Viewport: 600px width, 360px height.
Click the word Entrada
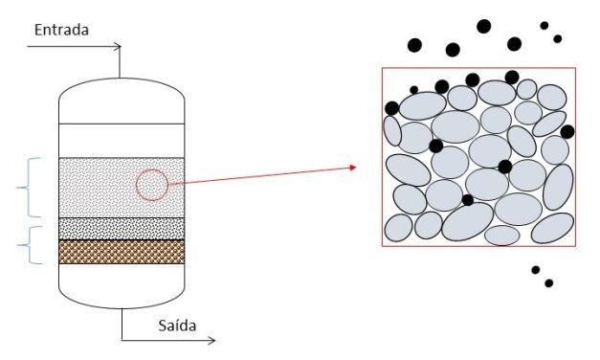(61, 31)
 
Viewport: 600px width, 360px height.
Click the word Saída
(177, 326)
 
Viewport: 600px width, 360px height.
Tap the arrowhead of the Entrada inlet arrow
(119, 45)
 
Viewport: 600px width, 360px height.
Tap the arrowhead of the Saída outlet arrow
(212, 340)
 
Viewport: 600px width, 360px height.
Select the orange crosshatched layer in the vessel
(121, 252)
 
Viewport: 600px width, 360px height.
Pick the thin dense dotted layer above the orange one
(121, 228)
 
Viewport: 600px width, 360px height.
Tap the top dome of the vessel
(121, 96)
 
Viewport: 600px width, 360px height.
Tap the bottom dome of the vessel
(121, 292)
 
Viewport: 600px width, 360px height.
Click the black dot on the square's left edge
(391, 108)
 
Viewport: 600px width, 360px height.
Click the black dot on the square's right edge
(567, 131)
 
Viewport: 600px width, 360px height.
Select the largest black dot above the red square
(483, 27)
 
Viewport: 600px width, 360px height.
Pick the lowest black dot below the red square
(549, 283)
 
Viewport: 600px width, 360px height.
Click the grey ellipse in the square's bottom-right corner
(552, 227)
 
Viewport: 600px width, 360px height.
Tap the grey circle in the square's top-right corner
(551, 97)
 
